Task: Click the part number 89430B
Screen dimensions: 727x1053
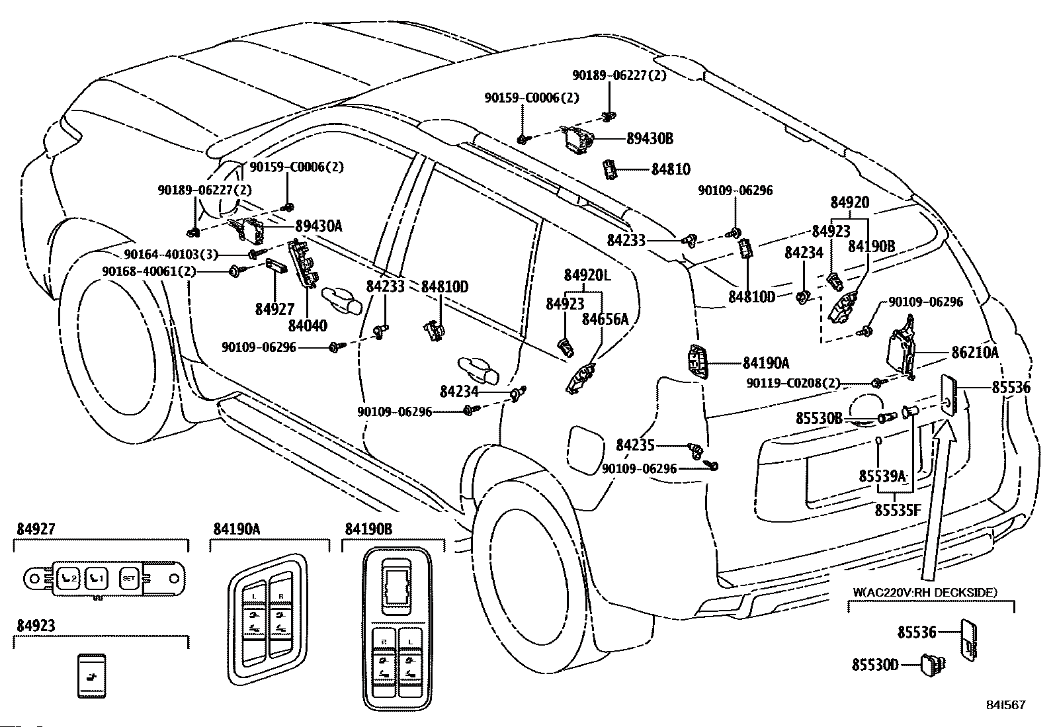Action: point(650,139)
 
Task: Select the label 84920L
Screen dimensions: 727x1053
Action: point(587,275)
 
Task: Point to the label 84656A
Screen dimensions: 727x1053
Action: point(605,320)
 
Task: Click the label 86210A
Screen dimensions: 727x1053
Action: point(974,353)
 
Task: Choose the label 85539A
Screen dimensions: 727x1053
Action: point(882,476)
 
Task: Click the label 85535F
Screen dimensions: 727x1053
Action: point(897,510)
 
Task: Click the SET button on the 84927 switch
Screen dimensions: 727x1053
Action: point(128,579)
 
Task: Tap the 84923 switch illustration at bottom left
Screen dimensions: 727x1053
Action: point(92,675)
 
